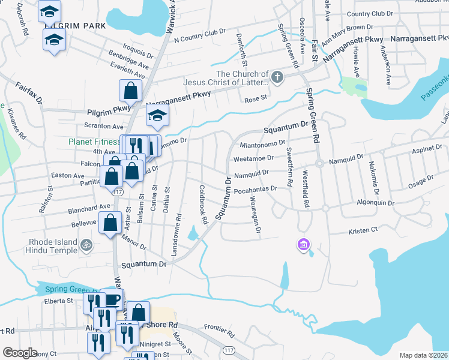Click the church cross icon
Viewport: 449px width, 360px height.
pyautogui.click(x=277, y=77)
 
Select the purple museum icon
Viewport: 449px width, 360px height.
pyautogui.click(x=303, y=244)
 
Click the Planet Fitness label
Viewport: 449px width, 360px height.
pyautogui.click(x=94, y=142)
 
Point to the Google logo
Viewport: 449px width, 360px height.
pyautogui.click(x=20, y=353)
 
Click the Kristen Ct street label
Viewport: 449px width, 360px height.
pyautogui.click(x=363, y=230)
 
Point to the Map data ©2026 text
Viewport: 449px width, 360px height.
pyautogui.click(x=423, y=355)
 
